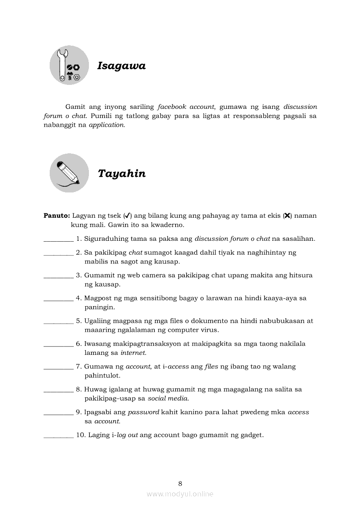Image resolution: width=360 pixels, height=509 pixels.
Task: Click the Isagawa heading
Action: pyautogui.click(x=121, y=66)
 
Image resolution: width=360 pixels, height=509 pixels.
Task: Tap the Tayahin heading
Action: pyautogui.click(x=122, y=174)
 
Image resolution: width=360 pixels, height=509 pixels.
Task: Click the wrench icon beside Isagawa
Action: pyautogui.click(x=69, y=65)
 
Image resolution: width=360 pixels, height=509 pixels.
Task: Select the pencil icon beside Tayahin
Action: pyautogui.click(x=69, y=173)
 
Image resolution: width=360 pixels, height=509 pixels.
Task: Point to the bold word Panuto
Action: pyautogui.click(x=56, y=216)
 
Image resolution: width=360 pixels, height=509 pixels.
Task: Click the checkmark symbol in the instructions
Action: pyautogui.click(x=128, y=216)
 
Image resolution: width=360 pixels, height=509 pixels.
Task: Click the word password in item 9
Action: pyautogui.click(x=143, y=412)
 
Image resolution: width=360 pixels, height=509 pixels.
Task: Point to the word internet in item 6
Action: pyautogui.click(x=133, y=353)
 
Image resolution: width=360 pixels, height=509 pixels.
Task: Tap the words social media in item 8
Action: pyautogui.click(x=168, y=398)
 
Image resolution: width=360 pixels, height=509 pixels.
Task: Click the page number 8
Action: pyautogui.click(x=180, y=483)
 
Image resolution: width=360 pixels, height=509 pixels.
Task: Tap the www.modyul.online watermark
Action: pyautogui.click(x=180, y=494)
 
